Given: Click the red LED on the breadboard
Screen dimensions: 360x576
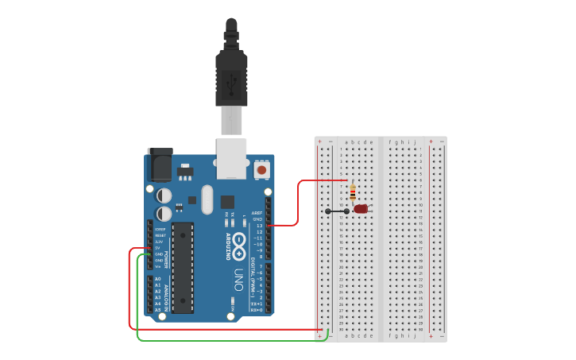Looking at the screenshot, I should tap(361, 209).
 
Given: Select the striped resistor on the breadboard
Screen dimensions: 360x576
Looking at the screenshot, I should tap(353, 192).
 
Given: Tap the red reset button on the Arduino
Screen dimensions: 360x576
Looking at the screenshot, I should tap(261, 169).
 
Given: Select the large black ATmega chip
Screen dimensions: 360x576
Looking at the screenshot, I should tap(183, 267).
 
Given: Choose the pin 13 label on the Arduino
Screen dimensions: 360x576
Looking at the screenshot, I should tap(258, 226).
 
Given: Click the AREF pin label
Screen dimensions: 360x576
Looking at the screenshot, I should tap(257, 213).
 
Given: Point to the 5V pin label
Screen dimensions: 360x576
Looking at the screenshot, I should tap(158, 247).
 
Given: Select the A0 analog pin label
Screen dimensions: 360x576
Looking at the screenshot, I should tap(157, 280).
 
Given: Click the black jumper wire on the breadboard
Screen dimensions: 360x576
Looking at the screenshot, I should tap(337, 211).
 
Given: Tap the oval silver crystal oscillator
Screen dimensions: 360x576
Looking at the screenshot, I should tap(207, 199).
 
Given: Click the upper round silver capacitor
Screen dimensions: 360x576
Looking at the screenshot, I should tap(164, 195).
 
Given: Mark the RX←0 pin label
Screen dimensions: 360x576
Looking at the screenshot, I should tap(256, 310).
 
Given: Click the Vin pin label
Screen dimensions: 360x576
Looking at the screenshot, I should tap(158, 266).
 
